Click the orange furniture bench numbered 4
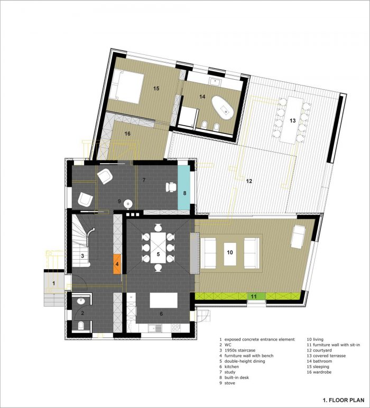pyautogui.click(x=117, y=264)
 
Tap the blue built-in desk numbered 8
pyautogui.click(x=184, y=187)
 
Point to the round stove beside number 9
pyautogui.click(x=128, y=204)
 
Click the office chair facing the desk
pyautogui.click(x=171, y=187)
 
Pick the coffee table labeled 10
pyautogui.click(x=230, y=254)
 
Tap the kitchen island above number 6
pyautogui.click(x=164, y=300)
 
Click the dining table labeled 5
pyautogui.click(x=158, y=248)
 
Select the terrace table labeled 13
pyautogui.click(x=292, y=120)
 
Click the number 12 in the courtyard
pyautogui.click(x=249, y=181)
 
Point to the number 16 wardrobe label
pyautogui.click(x=127, y=134)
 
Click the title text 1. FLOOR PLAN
pyautogui.click(x=344, y=400)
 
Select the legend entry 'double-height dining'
pyautogui.click(x=245, y=361)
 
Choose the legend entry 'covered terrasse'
pyautogui.click(x=329, y=356)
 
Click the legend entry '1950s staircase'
pyautogui.click(x=240, y=350)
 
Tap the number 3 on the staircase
pyautogui.click(x=82, y=256)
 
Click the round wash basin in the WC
pyautogui.click(x=81, y=301)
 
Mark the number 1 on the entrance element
pyautogui.click(x=54, y=283)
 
